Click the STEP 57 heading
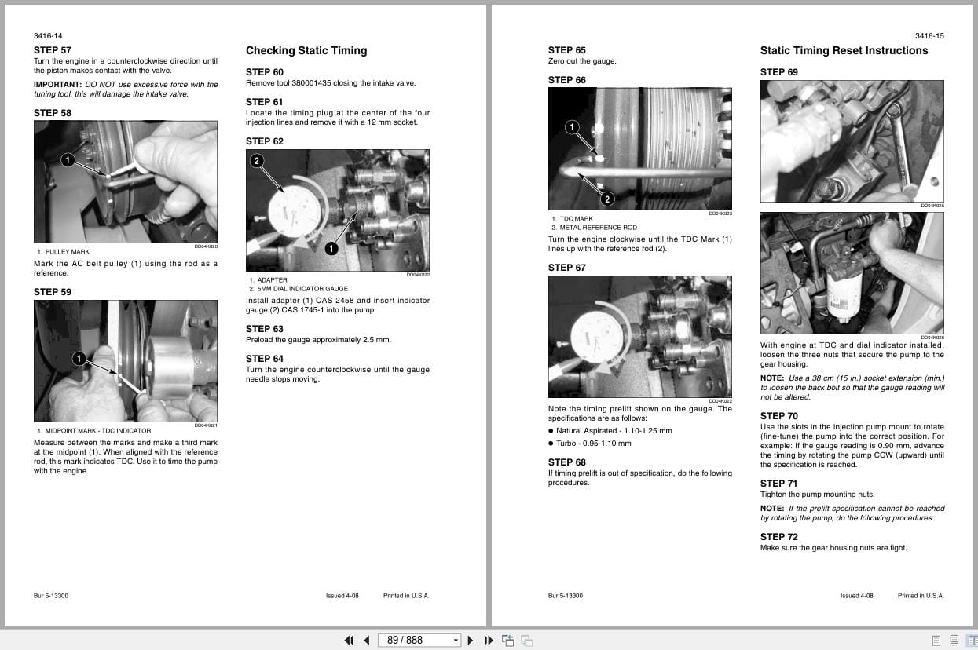click(52, 50)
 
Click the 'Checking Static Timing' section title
click(306, 50)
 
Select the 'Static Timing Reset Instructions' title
click(844, 50)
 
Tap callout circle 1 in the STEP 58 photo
click(68, 160)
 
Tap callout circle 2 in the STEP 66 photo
click(606, 199)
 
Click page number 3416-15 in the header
click(929, 36)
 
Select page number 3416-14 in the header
click(48, 36)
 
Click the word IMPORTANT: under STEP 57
click(57, 85)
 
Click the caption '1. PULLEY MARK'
click(64, 252)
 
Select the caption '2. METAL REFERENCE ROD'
click(594, 228)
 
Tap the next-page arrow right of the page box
click(471, 641)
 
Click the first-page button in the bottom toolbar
click(349, 641)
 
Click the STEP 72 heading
click(778, 537)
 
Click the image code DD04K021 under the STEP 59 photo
click(206, 425)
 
